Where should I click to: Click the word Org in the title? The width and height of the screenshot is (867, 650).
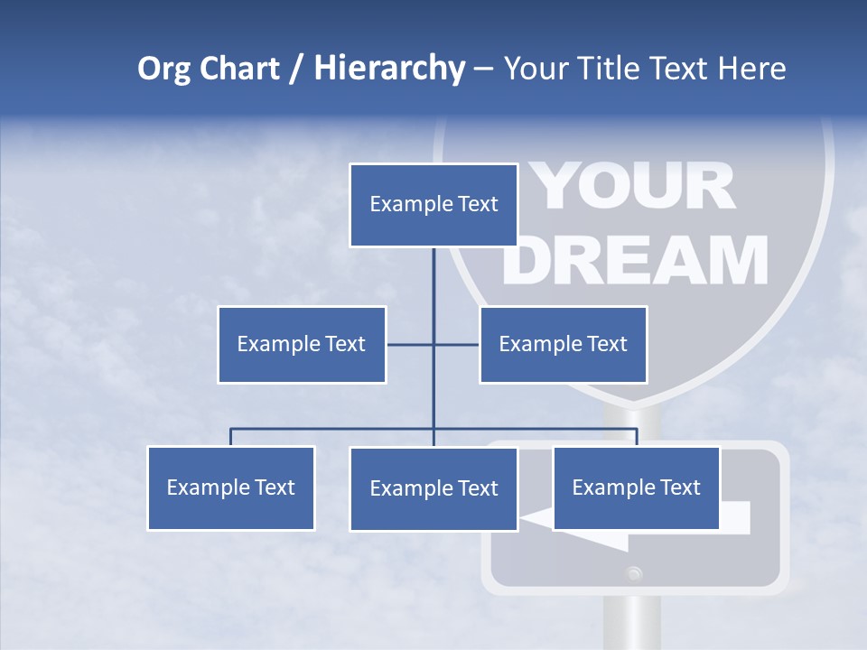click(x=165, y=69)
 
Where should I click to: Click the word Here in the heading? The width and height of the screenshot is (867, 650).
click(x=751, y=69)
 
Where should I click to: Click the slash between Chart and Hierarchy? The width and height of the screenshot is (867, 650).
click(x=296, y=70)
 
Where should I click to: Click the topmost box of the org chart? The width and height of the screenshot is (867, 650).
click(x=433, y=205)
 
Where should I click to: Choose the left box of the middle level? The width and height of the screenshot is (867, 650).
click(x=302, y=344)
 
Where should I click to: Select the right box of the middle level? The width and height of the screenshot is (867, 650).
click(x=563, y=344)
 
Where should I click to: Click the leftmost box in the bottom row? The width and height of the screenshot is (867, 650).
click(x=231, y=487)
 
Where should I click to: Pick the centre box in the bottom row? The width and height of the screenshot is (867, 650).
click(x=433, y=488)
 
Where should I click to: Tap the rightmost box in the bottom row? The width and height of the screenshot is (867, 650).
click(x=636, y=487)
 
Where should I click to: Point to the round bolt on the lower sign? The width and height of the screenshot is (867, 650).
click(x=635, y=572)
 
